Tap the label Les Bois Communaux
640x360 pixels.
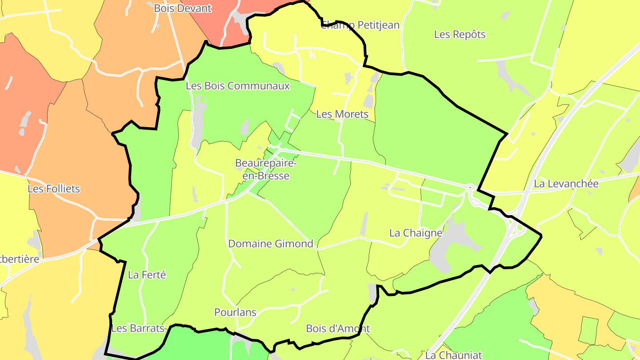point(238,86)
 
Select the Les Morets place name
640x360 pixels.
point(342,114)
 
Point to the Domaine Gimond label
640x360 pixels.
point(271,244)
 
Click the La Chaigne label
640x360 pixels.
point(416,233)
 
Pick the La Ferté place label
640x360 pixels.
point(147,275)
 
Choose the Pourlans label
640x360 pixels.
point(235,312)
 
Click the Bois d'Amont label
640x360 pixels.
point(338,328)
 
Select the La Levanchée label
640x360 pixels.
point(566,184)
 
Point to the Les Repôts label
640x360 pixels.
point(460,34)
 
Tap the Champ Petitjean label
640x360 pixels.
point(360,25)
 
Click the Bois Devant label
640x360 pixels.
point(183,8)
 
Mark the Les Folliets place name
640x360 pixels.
point(54,188)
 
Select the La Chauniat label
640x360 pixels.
point(453,355)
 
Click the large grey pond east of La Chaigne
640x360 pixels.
point(449,244)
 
